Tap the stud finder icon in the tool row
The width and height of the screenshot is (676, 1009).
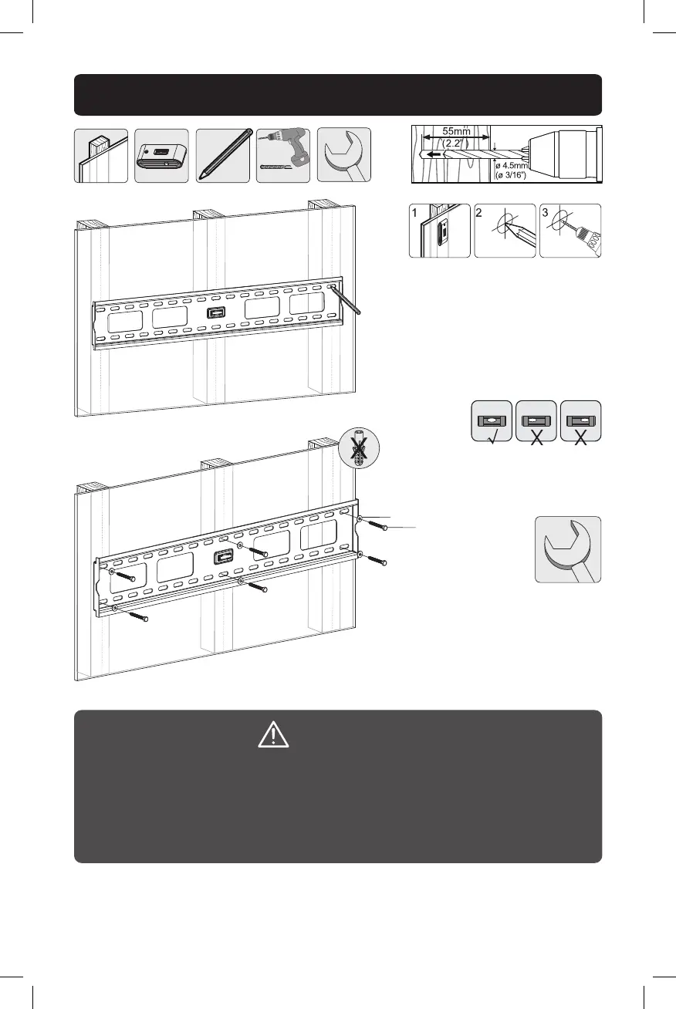click(162, 156)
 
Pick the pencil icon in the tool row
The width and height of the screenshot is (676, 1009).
click(223, 155)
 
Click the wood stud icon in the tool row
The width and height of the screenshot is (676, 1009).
click(101, 156)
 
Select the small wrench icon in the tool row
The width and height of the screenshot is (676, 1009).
click(344, 155)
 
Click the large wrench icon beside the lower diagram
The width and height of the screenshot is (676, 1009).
click(568, 549)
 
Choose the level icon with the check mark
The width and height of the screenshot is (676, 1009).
click(492, 421)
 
